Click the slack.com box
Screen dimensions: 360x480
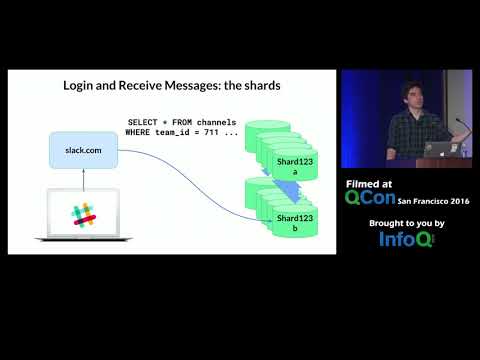83,150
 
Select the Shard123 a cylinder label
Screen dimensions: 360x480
288,165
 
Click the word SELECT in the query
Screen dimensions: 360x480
142,122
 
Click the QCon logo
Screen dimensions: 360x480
370,198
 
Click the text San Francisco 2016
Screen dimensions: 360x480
434,200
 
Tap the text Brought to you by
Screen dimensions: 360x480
405,222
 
